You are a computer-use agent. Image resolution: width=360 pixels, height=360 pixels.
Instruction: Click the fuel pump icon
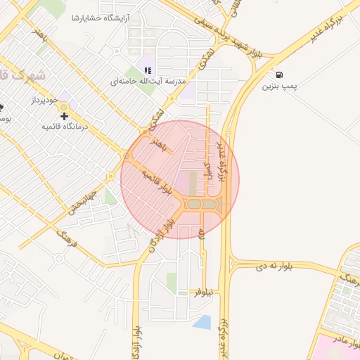pyautogui.click(x=281, y=75)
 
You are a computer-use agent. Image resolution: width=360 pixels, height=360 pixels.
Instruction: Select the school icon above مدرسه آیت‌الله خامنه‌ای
pyautogui.click(x=148, y=70)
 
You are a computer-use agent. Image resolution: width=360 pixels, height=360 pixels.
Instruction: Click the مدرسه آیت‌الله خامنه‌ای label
pyautogui.click(x=147, y=82)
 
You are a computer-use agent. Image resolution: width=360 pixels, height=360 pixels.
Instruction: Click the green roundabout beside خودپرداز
pyautogui.click(x=64, y=107)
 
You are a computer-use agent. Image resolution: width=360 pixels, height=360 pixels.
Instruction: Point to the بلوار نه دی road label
pyautogui.click(x=269, y=267)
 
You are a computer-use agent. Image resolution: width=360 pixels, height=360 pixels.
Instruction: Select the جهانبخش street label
pyautogui.click(x=82, y=200)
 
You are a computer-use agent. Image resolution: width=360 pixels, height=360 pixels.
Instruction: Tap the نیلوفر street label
pyautogui.click(x=207, y=291)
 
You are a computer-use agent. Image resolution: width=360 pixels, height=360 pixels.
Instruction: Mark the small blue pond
pyautogui.click(x=202, y=322)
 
